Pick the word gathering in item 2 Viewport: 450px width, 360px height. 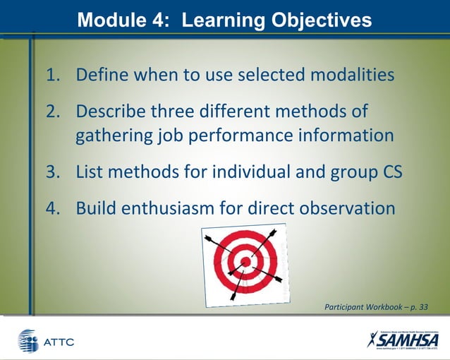pyautogui.click(x=111, y=136)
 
